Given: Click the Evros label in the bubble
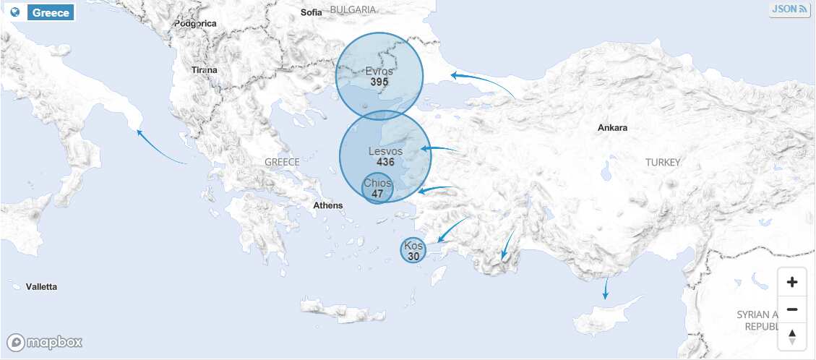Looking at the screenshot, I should click(x=379, y=72).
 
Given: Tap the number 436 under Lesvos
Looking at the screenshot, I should click(x=385, y=163).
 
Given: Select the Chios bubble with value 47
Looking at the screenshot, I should click(x=377, y=189).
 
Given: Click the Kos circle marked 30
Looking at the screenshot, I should click(x=413, y=251).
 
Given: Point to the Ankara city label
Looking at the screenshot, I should click(x=612, y=128).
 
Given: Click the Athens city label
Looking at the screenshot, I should click(x=327, y=206).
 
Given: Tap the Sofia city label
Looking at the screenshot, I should click(x=312, y=12).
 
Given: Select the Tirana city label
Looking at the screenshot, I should click(x=204, y=70).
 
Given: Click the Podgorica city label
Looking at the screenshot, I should click(x=195, y=24).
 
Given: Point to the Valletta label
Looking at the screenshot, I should click(x=41, y=287).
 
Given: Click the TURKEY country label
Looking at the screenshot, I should click(x=663, y=163).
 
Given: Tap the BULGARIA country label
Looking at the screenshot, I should click(x=353, y=9).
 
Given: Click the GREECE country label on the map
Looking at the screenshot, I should click(x=282, y=162).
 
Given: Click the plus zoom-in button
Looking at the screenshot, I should click(x=792, y=283).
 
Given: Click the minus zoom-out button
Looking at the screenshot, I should click(x=792, y=309).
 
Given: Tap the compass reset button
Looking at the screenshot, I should click(x=792, y=336).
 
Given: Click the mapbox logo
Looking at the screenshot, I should click(x=45, y=343).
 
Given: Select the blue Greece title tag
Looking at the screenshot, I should click(x=51, y=13).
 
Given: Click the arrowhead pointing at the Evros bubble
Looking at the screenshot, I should click(x=453, y=74).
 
